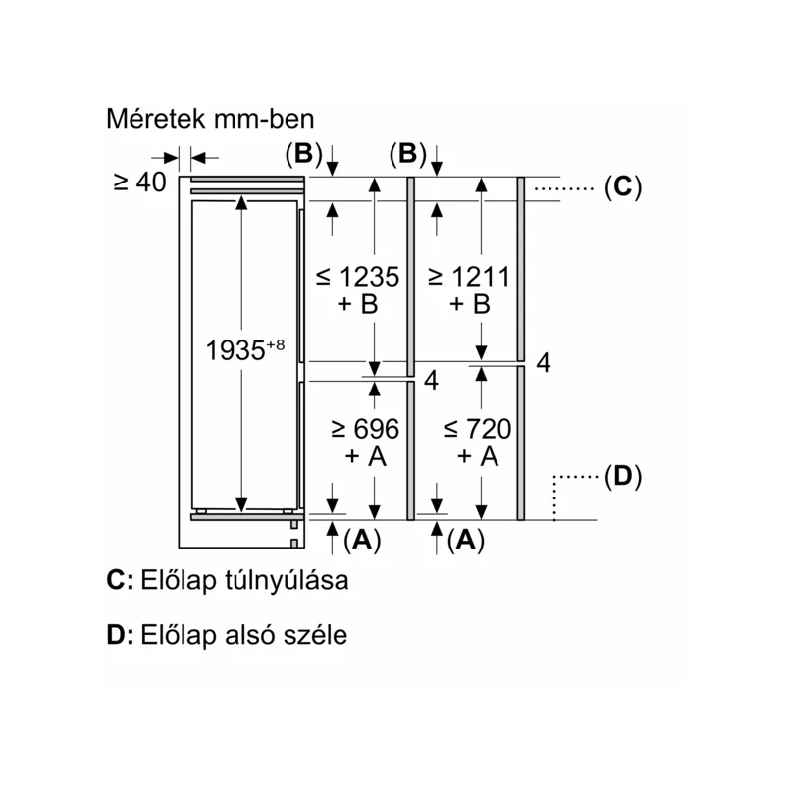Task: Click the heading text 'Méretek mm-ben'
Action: click(x=210, y=119)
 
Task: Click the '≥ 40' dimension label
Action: click(x=139, y=182)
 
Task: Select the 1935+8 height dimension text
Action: click(x=244, y=349)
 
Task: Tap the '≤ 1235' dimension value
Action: click(x=357, y=277)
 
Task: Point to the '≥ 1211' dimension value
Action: click(x=469, y=277)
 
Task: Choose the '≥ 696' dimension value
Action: click(x=365, y=429)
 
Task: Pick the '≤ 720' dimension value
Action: click(x=477, y=429)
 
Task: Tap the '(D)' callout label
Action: click(x=623, y=476)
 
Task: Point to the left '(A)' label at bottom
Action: click(x=362, y=541)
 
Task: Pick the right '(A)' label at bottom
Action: click(x=466, y=541)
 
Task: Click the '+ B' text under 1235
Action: click(x=357, y=304)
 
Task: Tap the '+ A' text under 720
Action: click(x=478, y=456)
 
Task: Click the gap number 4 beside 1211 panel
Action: click(x=544, y=362)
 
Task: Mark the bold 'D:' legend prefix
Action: click(x=120, y=635)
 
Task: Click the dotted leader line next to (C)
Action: click(x=563, y=188)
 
